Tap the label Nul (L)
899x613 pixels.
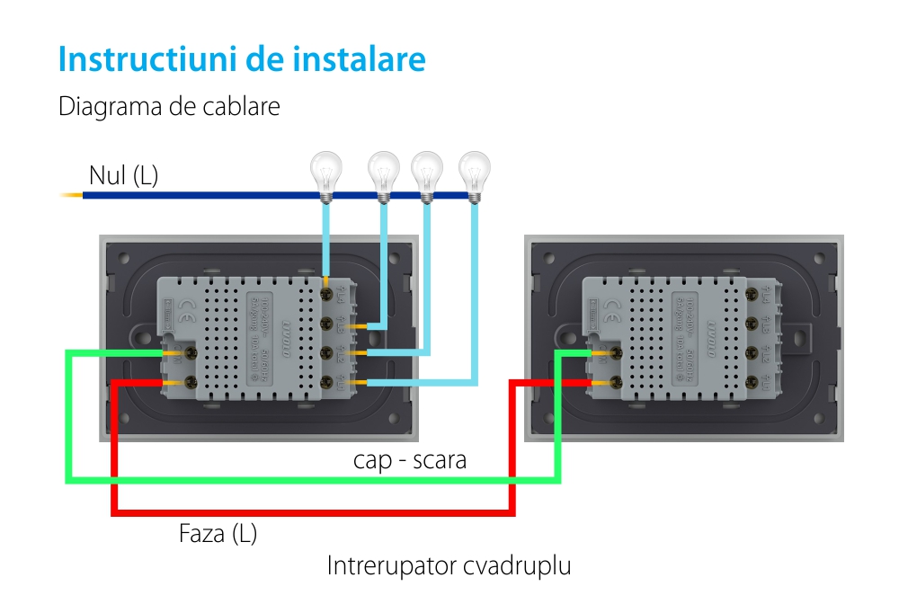(x=123, y=175)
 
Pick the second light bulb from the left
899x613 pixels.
(x=384, y=170)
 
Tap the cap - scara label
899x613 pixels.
(x=409, y=461)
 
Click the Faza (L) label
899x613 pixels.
(x=218, y=534)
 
